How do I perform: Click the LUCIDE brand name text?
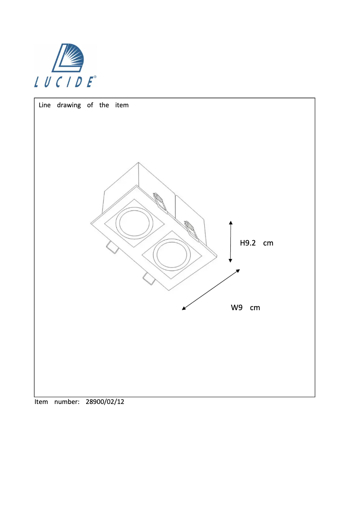pyautogui.click(x=64, y=82)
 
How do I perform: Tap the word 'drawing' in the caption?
pyautogui.click(x=69, y=105)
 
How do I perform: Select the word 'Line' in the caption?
pyautogui.click(x=45, y=105)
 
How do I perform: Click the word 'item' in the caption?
pyautogui.click(x=122, y=105)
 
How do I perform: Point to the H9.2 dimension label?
pyautogui.click(x=248, y=243)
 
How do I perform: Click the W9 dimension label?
pyautogui.click(x=237, y=307)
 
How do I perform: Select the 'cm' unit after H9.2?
pyautogui.click(x=268, y=243)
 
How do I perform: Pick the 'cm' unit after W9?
pyautogui.click(x=255, y=307)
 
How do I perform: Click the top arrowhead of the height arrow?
pyautogui.click(x=231, y=222)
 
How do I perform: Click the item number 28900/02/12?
pyautogui.click(x=105, y=402)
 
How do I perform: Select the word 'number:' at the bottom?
pyautogui.click(x=67, y=402)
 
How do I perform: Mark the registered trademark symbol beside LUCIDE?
pyautogui.click(x=95, y=78)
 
